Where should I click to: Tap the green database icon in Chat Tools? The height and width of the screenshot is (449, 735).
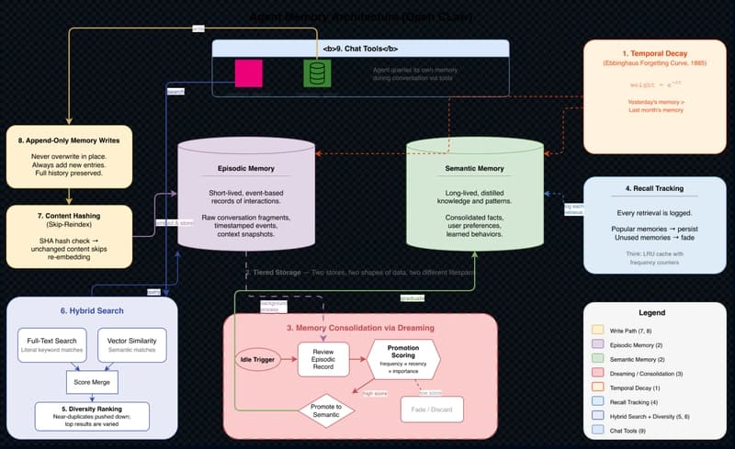point(317,73)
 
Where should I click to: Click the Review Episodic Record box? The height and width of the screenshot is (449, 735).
point(323,358)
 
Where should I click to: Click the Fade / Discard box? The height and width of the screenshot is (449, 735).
point(431,409)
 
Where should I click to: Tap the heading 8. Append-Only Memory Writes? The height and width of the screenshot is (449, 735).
point(69,140)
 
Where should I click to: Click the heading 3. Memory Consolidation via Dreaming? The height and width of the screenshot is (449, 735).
point(360,327)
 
